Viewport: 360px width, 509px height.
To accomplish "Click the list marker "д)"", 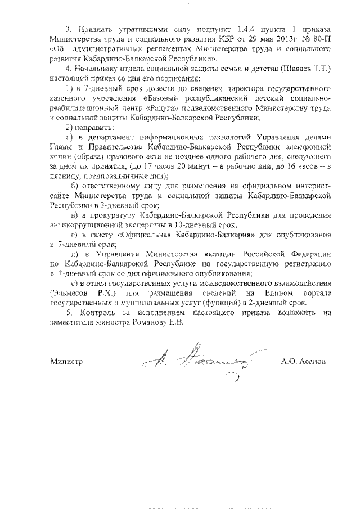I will (71, 254).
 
